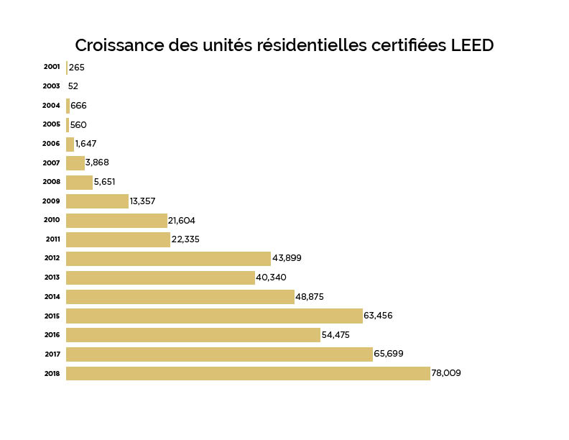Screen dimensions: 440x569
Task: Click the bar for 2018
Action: [x=248, y=373]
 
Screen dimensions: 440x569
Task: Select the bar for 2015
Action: [x=214, y=316]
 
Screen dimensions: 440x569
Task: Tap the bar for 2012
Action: [x=168, y=259]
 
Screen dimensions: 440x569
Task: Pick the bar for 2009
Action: [x=97, y=201]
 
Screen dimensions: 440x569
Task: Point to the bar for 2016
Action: [x=193, y=335]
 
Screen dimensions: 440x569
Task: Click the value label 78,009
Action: [x=446, y=373]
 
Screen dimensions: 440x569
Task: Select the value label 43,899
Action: [x=286, y=259]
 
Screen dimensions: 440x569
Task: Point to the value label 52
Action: [x=73, y=86]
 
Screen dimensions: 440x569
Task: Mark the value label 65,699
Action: [x=389, y=354]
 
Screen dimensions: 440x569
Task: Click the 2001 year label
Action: [x=52, y=67]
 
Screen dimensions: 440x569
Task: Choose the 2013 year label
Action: [x=52, y=278]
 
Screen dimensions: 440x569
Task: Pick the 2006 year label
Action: [x=52, y=144]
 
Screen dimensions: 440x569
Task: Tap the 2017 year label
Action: [x=52, y=354]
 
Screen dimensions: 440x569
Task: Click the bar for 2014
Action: [x=180, y=297]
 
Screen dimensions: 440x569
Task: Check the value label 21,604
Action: [x=182, y=221]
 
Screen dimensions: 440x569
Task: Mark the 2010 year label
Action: [x=52, y=220]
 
